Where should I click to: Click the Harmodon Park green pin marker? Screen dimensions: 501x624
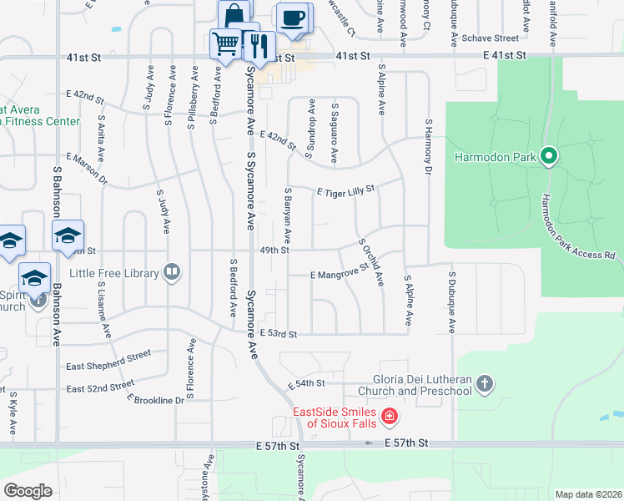coord(549,156)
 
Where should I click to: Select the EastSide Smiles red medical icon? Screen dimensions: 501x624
coord(389,416)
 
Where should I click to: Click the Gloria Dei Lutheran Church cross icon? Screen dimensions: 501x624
coord(485,385)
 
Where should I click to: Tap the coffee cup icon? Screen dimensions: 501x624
coord(291,18)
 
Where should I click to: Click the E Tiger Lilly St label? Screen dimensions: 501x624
coord(346,191)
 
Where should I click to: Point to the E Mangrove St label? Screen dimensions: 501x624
coord(339,272)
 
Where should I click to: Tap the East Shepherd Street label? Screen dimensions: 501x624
coord(108,359)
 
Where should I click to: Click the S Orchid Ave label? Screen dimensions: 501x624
coord(371,262)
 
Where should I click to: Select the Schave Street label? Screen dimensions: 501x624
coord(491,38)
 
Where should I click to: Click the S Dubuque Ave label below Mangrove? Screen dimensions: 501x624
coord(451,301)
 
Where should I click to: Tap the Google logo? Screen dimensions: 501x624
coord(28,491)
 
